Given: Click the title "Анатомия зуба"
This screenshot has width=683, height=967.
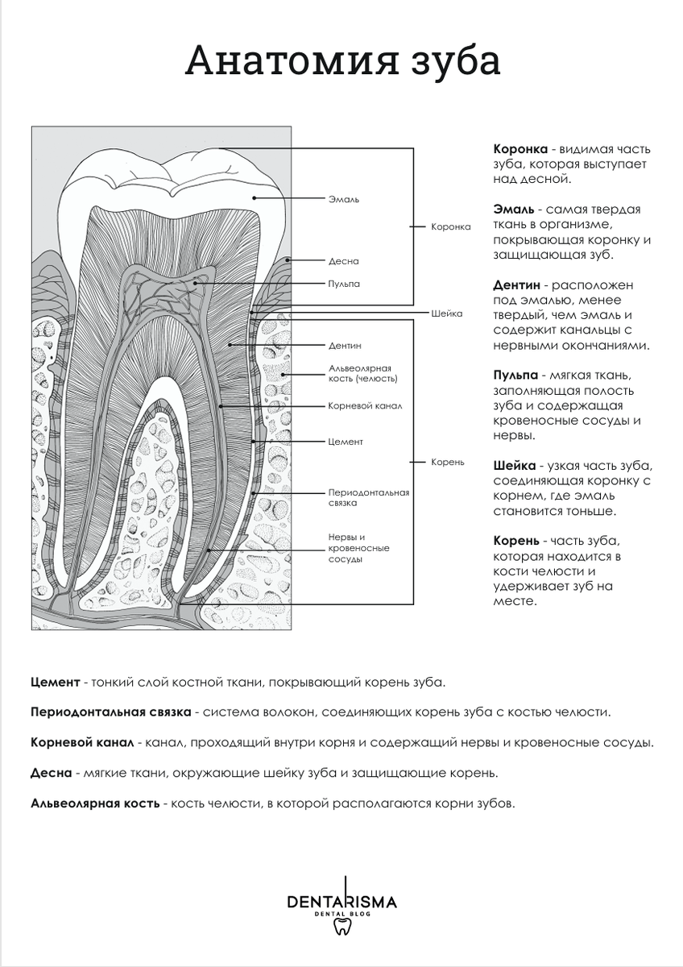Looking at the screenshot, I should tap(342, 61).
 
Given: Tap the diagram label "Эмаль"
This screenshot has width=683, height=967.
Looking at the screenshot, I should tap(344, 199).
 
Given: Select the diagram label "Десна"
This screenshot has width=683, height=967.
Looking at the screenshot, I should tap(344, 261).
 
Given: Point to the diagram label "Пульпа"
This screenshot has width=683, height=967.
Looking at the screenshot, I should tap(344, 284).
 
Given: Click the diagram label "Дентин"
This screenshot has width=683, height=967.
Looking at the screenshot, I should tap(345, 346).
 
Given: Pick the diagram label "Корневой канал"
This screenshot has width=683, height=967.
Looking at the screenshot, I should tap(365, 406).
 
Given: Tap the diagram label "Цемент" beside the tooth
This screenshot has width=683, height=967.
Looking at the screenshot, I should tap(346, 442).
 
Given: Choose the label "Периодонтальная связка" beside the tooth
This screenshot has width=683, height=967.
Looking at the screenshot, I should tap(369, 497).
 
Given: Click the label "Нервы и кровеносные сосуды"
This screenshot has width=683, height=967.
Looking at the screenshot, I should tap(358, 548).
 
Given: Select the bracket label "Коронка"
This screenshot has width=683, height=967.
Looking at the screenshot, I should tap(451, 227).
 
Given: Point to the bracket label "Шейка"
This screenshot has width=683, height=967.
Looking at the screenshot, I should tap(447, 313).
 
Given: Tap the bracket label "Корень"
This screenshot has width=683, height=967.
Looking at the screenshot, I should tap(448, 462).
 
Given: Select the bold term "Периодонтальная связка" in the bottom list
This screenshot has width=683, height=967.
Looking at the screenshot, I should tap(111, 712).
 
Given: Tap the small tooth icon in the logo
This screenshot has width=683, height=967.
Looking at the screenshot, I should tap(341, 926).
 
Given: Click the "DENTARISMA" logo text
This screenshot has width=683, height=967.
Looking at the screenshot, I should tap(341, 902).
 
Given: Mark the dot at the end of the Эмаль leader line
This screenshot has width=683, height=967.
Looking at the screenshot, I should tap(254, 197).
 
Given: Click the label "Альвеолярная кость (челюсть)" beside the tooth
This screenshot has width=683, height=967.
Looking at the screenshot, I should tap(363, 372).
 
